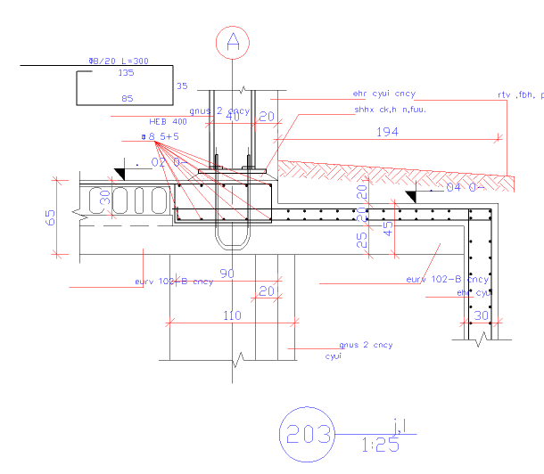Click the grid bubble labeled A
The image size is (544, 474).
pyautogui.click(x=233, y=42)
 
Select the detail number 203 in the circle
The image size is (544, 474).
pyautogui.click(x=306, y=435)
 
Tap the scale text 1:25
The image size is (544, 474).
pyautogui.click(x=381, y=445)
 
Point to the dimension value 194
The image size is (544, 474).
pyautogui.click(x=387, y=132)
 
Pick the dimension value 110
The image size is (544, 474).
pyautogui.click(x=231, y=315)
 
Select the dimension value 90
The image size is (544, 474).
pyautogui.click(x=227, y=274)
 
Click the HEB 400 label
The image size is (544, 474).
pyautogui.click(x=168, y=121)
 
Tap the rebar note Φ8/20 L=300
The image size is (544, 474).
pyautogui.click(x=119, y=61)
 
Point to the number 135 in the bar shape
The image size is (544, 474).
pyautogui.click(x=126, y=73)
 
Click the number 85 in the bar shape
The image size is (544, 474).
pyautogui.click(x=127, y=98)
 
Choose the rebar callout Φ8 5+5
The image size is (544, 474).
pyautogui.click(x=161, y=136)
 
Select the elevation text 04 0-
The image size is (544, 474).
pyautogui.click(x=464, y=187)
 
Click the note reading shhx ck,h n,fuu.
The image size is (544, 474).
pyautogui.click(x=391, y=110)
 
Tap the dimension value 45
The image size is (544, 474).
pyautogui.click(x=386, y=229)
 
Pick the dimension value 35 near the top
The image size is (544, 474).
pyautogui.click(x=183, y=86)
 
